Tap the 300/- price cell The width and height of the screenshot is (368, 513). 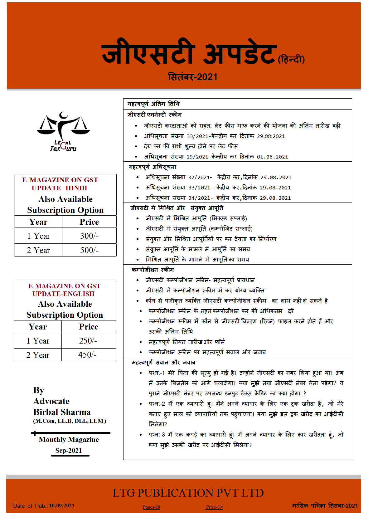89,236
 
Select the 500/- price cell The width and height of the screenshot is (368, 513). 89,250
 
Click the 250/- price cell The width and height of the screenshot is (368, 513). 88,341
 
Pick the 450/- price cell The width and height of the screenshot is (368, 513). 87,355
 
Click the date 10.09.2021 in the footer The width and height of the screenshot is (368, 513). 62,506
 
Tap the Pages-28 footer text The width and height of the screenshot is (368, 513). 151,507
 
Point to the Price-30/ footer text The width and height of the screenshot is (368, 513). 214,507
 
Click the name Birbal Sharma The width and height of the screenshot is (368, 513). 62,412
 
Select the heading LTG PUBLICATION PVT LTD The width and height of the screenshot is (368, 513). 188,493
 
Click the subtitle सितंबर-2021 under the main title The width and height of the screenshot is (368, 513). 192,77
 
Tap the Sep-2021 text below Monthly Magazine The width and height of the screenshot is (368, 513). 69,451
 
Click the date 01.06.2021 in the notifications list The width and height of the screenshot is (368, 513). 272,157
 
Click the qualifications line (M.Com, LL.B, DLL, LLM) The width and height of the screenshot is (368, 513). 70,421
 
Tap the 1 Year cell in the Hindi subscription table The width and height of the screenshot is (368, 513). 38,236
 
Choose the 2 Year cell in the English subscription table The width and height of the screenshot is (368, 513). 38,355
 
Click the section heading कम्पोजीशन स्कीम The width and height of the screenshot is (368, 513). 153,270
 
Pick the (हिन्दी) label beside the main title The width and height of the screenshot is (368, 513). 291,59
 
